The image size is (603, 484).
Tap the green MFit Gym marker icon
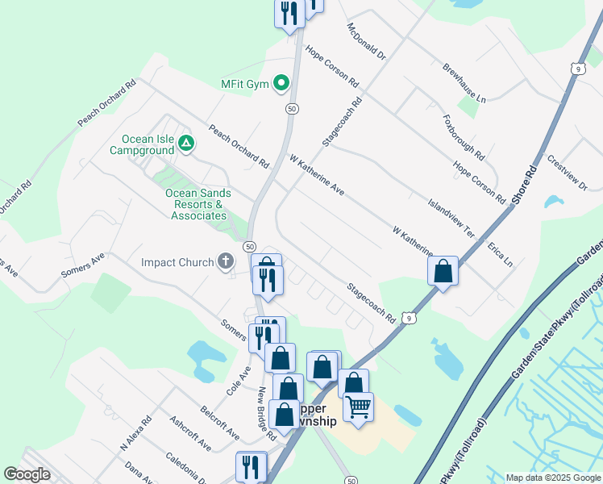[x=281, y=82]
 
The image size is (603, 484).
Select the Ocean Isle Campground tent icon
[x=186, y=144]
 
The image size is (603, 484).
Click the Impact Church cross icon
[x=226, y=261]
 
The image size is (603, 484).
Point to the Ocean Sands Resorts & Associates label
[x=198, y=204]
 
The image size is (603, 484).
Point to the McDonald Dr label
[x=367, y=43]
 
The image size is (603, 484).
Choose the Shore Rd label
[x=525, y=188]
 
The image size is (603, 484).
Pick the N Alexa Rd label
[x=135, y=433]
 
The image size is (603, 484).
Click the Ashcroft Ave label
[x=190, y=433]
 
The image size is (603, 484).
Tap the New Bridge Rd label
[x=267, y=414]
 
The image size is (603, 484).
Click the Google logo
[x=27, y=474]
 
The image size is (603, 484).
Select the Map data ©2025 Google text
[x=552, y=478]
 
